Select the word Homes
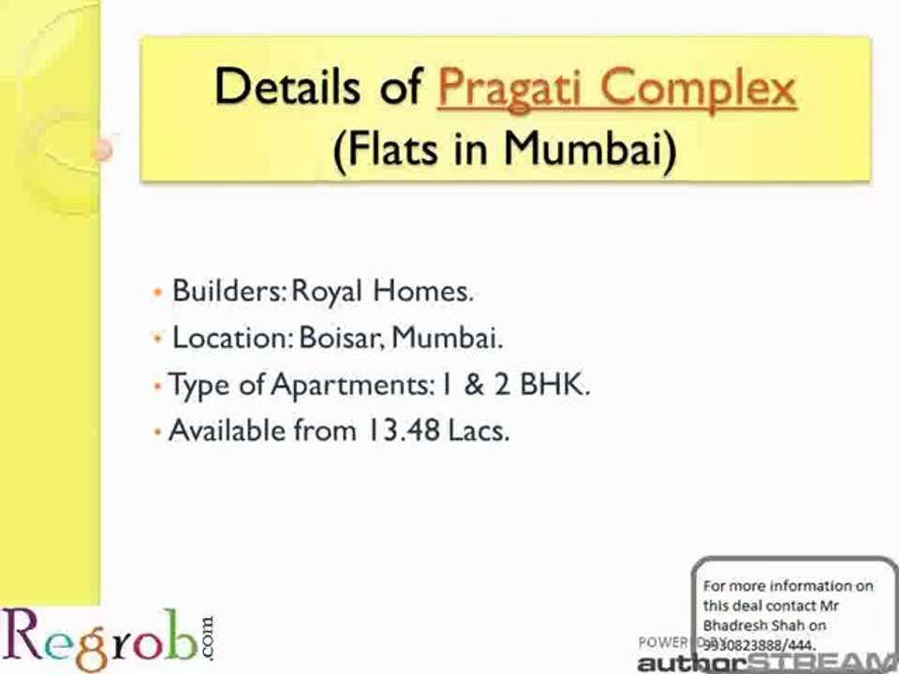(422, 291)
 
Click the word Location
(232, 338)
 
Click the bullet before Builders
(158, 292)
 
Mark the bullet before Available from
(158, 432)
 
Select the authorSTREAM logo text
(766, 663)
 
